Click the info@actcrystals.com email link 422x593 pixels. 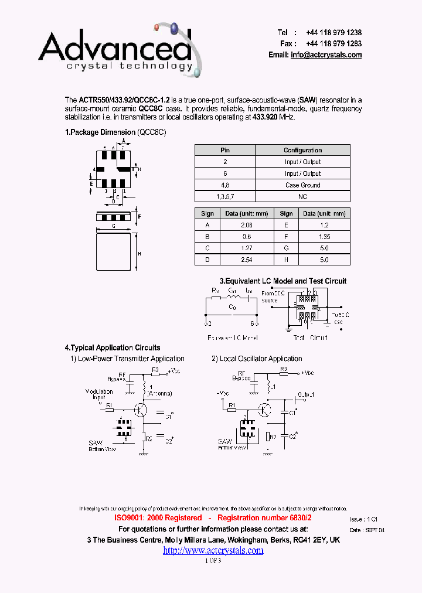coord(326,55)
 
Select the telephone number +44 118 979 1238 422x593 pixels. coord(333,33)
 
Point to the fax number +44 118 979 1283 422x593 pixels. coord(333,44)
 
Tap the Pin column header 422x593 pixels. coord(225,150)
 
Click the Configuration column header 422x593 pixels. coord(302,150)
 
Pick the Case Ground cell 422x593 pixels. coord(302,185)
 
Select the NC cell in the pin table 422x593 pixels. coord(302,197)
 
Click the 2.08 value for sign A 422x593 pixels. coord(247,225)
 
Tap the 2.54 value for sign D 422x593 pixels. coord(247,260)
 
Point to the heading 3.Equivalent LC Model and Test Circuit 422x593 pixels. coord(283,281)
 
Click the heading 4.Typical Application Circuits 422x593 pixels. coord(112,348)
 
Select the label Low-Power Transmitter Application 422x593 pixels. coord(131,359)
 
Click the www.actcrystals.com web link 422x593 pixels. coord(213,550)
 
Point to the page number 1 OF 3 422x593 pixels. coord(213,560)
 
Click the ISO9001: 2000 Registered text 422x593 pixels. coord(158,518)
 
